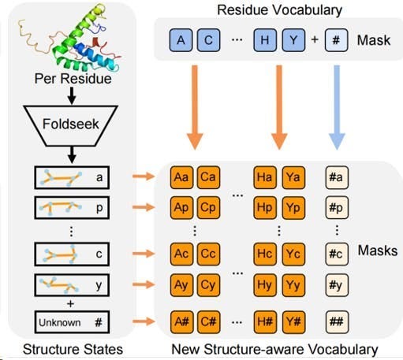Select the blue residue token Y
click(x=297, y=40)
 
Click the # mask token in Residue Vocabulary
click(x=337, y=40)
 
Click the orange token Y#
click(x=293, y=321)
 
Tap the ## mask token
click(x=338, y=321)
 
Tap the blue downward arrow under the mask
click(x=338, y=109)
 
